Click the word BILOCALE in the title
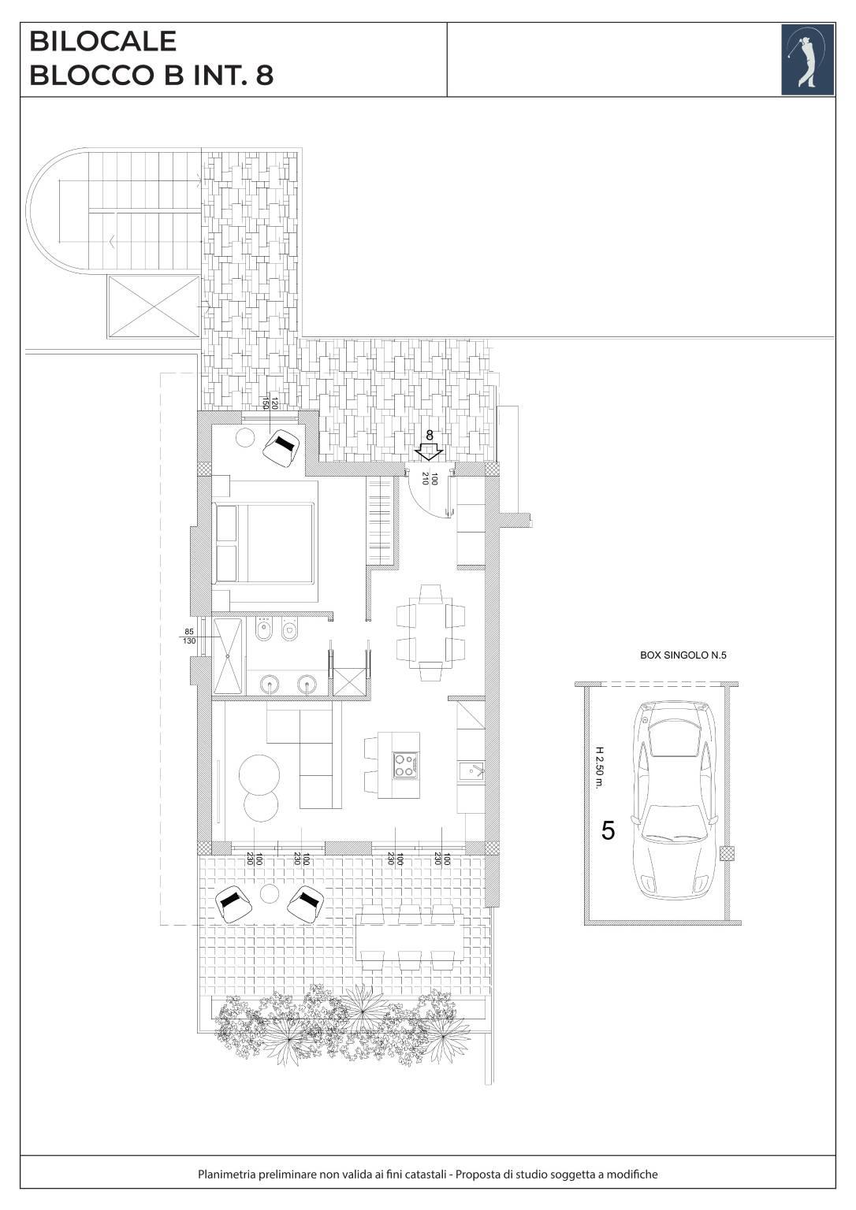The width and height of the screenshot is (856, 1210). (x=102, y=42)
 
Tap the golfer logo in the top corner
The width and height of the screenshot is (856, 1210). (x=807, y=59)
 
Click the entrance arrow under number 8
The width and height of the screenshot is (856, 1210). (x=430, y=452)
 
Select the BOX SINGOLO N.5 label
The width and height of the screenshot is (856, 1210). (x=683, y=655)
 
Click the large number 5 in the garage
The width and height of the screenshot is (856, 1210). (x=608, y=830)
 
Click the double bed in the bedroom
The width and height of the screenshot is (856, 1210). (x=265, y=544)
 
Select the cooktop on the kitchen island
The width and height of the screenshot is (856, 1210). (x=406, y=765)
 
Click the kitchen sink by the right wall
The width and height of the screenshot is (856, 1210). (x=471, y=771)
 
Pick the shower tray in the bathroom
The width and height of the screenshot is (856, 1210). (x=228, y=655)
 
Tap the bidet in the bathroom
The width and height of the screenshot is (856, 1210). (x=263, y=630)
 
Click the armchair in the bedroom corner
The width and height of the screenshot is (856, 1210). (x=281, y=447)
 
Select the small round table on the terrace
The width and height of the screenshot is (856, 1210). (x=269, y=894)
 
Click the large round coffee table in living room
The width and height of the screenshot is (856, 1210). (x=259, y=774)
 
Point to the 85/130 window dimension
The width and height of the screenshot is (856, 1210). (x=189, y=636)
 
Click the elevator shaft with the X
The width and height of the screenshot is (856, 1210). (x=154, y=306)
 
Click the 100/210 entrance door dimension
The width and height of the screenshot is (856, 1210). (x=429, y=478)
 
